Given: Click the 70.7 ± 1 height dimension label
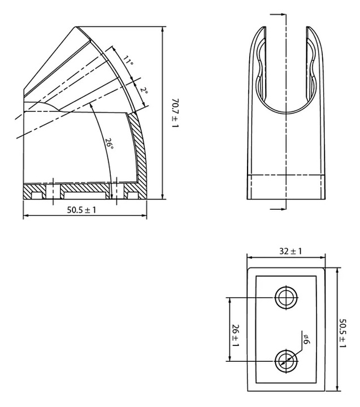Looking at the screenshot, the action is [x=175, y=113].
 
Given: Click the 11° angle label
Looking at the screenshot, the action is [x=128, y=60].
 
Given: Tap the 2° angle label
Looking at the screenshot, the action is [x=144, y=90].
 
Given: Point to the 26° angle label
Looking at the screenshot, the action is [x=109, y=143].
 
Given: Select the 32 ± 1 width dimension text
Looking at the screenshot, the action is [x=290, y=251].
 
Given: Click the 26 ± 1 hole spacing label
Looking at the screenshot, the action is [x=236, y=335].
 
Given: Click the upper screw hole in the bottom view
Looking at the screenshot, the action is [x=287, y=297].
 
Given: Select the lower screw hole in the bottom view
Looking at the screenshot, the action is [x=287, y=361].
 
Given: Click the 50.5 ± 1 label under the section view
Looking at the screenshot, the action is [x=81, y=210].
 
